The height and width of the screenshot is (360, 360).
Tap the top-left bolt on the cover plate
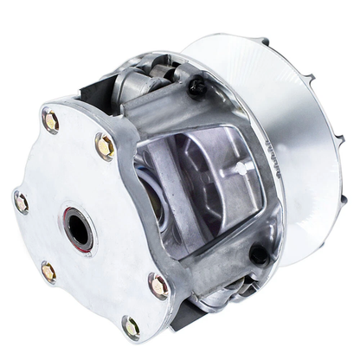[51, 122]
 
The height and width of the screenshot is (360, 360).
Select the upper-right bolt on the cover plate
[105, 147]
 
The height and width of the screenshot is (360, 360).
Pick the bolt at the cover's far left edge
[21, 203]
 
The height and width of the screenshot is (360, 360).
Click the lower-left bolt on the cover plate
[48, 273]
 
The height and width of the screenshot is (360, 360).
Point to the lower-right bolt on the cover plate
[157, 284]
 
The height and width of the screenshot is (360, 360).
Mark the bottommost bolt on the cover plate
[131, 327]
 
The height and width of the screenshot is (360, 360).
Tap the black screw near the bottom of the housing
[258, 254]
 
